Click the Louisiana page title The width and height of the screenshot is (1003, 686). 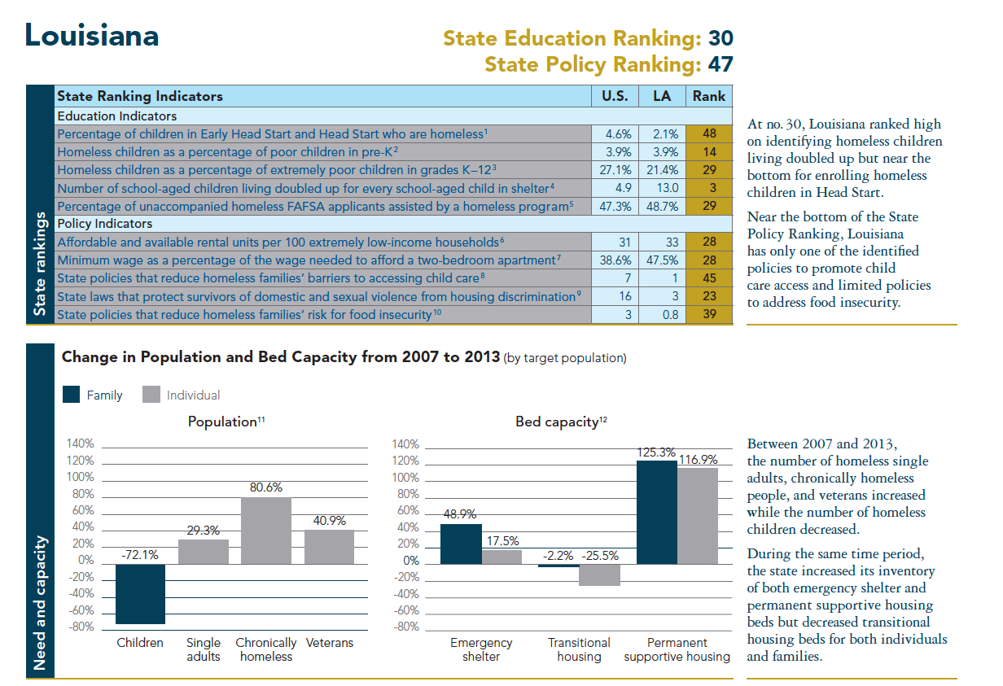tap(92, 36)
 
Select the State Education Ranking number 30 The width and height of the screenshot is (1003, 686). tap(720, 38)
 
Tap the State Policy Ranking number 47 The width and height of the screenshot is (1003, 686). tap(720, 63)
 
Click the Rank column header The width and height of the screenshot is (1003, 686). tap(708, 96)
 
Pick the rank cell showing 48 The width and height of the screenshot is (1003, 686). tap(708, 133)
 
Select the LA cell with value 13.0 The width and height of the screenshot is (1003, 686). tap(663, 188)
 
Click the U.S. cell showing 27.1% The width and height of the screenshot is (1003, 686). tap(615, 170)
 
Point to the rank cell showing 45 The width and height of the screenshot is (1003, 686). tap(708, 278)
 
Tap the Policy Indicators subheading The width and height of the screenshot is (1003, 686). tap(105, 224)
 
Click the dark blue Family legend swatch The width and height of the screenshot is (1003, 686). tap(72, 395)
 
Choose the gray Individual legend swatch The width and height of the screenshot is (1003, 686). tap(151, 395)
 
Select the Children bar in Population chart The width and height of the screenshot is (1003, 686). tap(140, 593)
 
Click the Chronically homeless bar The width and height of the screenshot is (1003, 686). tap(266, 530)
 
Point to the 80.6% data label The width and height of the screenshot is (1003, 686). tap(266, 487)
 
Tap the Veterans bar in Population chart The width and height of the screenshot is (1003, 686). tap(329, 546)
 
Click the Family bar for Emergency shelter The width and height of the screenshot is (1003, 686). tap(461, 544)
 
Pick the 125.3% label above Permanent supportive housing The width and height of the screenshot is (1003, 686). tap(656, 452)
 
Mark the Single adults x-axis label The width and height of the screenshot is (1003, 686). tap(203, 649)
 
